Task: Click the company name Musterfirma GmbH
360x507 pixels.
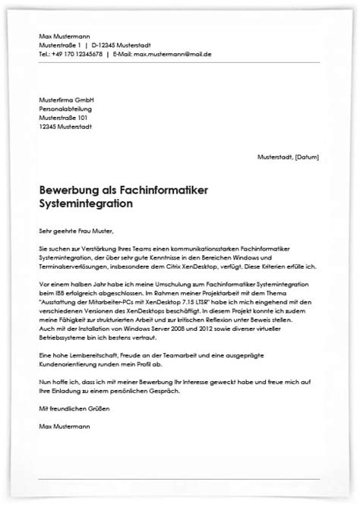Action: [66, 99]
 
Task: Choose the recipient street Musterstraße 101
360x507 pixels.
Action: [66, 118]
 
